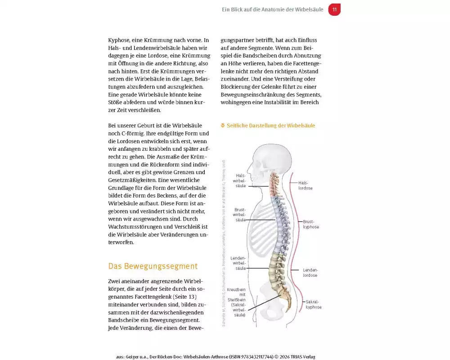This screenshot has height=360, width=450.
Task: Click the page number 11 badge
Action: click(x=334, y=9)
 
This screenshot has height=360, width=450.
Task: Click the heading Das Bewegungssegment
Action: click(x=153, y=266)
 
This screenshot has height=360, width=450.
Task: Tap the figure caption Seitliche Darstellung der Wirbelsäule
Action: click(x=270, y=126)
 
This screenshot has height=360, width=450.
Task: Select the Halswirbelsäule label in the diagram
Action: click(x=239, y=180)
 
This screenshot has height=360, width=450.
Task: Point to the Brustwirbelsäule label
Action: click(x=239, y=215)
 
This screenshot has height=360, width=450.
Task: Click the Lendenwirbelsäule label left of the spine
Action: click(x=238, y=263)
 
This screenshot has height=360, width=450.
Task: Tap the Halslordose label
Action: click(x=306, y=185)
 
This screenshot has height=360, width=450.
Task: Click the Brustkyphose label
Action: click(x=311, y=224)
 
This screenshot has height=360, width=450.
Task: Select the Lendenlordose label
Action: click(x=310, y=272)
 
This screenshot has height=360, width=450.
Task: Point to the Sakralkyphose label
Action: click(x=313, y=304)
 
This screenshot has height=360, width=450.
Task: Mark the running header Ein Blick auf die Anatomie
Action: click(x=273, y=9)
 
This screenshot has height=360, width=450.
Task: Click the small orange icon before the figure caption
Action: click(x=223, y=126)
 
